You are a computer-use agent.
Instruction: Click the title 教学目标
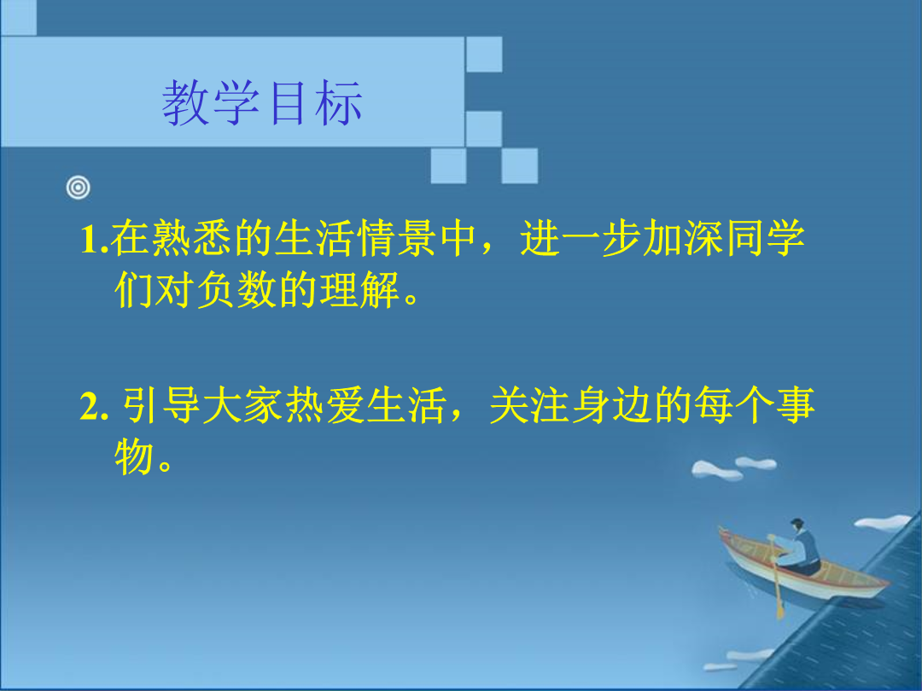click(x=262, y=103)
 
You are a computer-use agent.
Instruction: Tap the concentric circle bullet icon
click(x=79, y=188)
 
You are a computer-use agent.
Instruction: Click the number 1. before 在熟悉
click(x=94, y=240)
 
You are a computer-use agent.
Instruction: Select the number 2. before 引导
click(x=94, y=407)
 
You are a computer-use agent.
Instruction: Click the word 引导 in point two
click(x=160, y=405)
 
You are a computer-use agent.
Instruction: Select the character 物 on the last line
click(x=134, y=457)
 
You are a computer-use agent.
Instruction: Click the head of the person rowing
click(x=797, y=525)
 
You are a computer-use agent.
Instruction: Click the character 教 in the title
click(x=186, y=103)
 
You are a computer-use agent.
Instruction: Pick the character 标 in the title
click(x=338, y=103)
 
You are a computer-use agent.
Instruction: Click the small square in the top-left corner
click(x=18, y=17)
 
